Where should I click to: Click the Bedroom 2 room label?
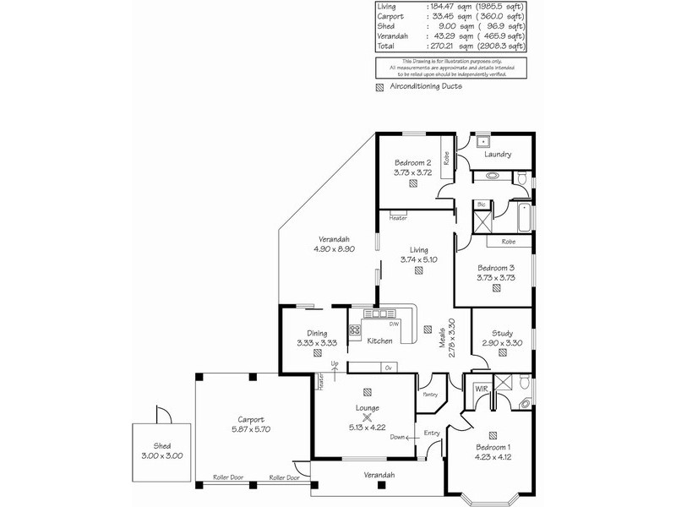tap(412, 162)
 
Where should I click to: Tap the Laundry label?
tap(499, 155)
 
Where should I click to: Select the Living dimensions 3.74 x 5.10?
tap(419, 259)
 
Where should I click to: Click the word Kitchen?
tap(380, 341)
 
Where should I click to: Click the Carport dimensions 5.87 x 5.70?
tap(251, 429)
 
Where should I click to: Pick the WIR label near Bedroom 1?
tap(482, 389)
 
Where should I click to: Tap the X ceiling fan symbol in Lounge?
tap(368, 417)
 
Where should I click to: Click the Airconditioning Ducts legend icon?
tap(379, 87)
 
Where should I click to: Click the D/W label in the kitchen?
tap(393, 324)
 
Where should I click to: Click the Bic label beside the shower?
tap(481, 204)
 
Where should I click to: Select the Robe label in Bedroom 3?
tap(509, 242)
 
